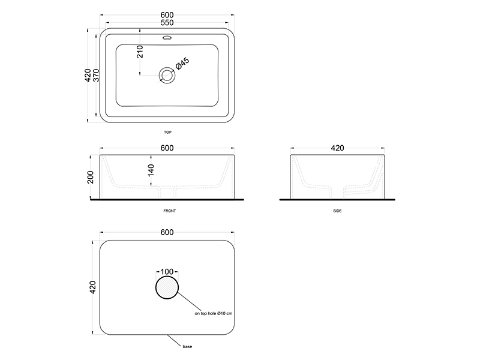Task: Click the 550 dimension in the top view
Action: (167, 23)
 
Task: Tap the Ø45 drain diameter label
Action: (182, 64)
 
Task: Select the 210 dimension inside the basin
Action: (140, 52)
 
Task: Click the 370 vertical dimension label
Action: (96, 76)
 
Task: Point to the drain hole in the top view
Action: (167, 75)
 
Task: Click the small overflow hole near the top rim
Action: (167, 38)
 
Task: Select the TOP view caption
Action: (167, 132)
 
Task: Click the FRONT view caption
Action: (170, 211)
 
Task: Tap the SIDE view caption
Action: (337, 211)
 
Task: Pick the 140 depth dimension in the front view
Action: (151, 170)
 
